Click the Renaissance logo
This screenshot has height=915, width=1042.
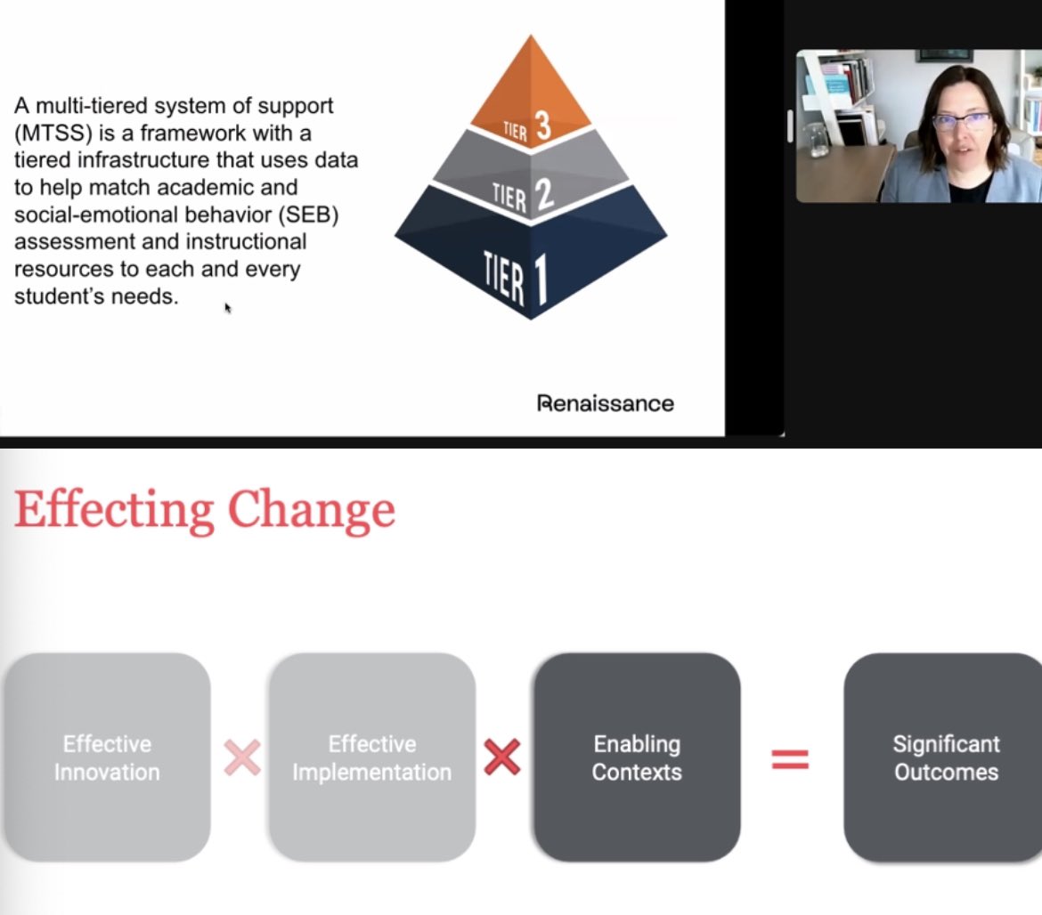point(605,403)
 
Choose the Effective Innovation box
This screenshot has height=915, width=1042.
point(107,757)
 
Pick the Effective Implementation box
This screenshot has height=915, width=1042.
point(371,757)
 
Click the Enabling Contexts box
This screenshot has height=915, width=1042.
point(637,757)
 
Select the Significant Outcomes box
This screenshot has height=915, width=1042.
point(946,757)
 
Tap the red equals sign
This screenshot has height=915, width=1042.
point(790,758)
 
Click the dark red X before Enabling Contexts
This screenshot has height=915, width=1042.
point(501,758)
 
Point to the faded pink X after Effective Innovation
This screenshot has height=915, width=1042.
point(241,758)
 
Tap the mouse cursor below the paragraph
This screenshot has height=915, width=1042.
point(227,308)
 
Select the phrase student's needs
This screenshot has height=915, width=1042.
point(96,296)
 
